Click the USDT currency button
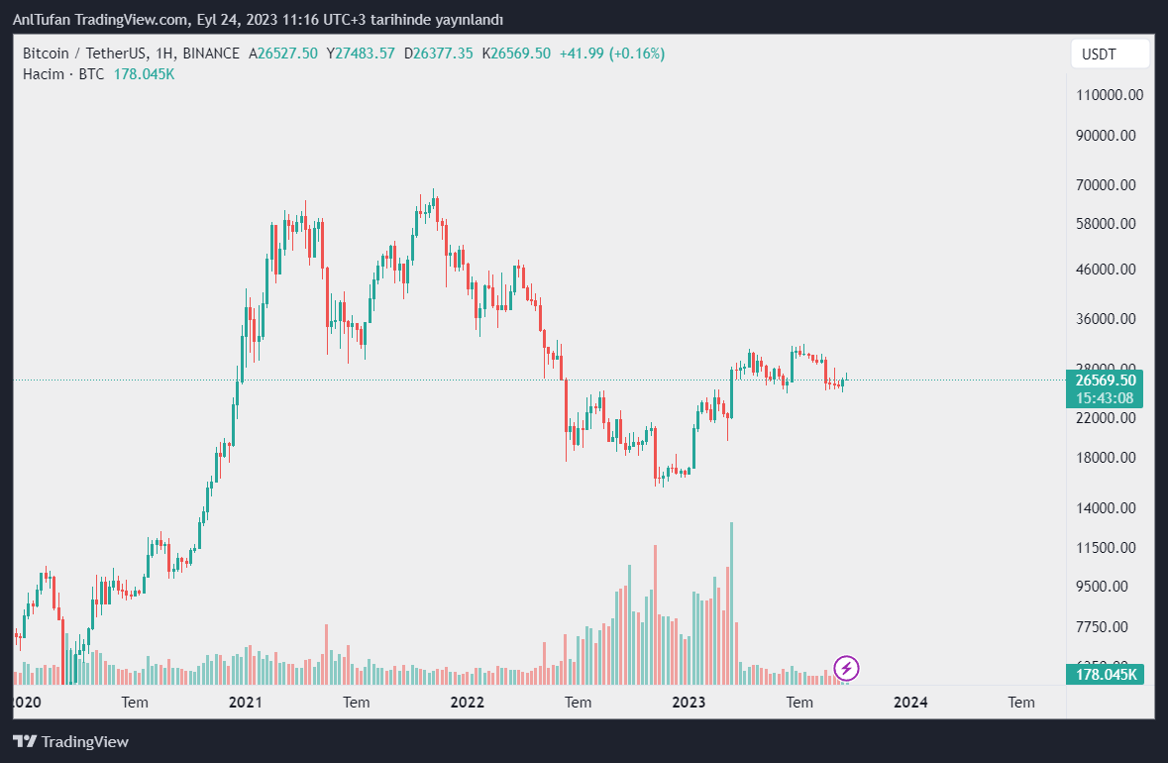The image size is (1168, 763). [x=1110, y=54]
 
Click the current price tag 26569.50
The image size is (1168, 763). [x=1104, y=380]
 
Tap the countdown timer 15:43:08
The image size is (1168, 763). [x=1104, y=398]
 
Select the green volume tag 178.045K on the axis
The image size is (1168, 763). [x=1105, y=675]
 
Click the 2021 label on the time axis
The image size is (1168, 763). [x=245, y=703]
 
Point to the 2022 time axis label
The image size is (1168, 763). [x=467, y=703]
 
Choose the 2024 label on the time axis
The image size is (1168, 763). [x=910, y=703]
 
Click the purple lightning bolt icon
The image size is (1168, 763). [x=846, y=668]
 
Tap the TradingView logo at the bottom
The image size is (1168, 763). [x=70, y=741]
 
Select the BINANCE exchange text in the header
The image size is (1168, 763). [x=211, y=54]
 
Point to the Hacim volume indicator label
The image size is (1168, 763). [x=44, y=74]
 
